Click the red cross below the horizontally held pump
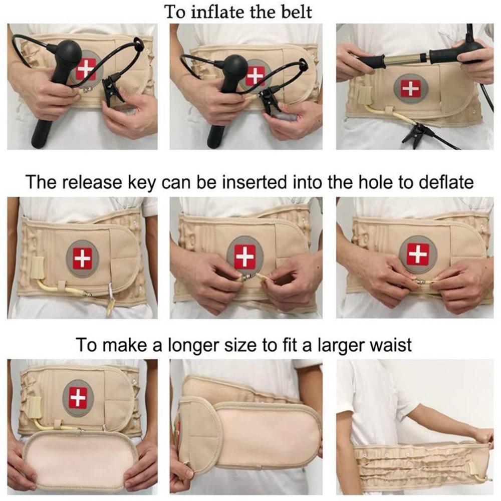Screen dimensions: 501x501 click(410, 89)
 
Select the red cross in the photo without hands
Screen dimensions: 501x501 click(82, 259)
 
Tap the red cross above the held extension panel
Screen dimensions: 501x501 click(78, 397)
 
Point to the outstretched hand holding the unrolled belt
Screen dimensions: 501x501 click(483, 435)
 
